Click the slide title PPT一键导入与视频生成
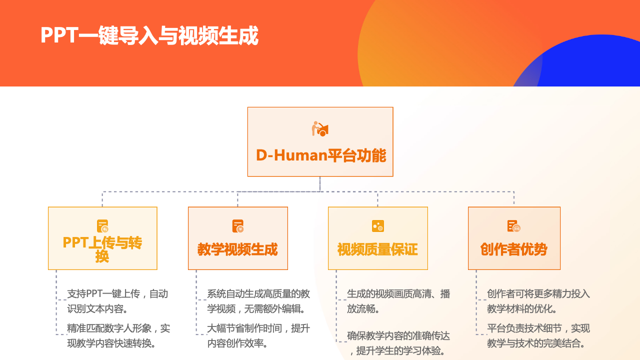point(149,35)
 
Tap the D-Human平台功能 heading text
point(321,155)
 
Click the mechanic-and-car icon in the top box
point(320,129)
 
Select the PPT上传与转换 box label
point(102,249)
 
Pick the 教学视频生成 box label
point(237,249)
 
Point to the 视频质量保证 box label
point(377,249)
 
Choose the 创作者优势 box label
point(513,249)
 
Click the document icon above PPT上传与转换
point(102,226)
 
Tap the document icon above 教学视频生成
point(237,226)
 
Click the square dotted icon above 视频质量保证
point(377,226)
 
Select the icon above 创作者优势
point(513,226)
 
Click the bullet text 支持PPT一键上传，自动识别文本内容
point(117,301)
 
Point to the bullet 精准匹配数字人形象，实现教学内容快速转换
point(118,335)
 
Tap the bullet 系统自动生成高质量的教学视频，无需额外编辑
point(258,301)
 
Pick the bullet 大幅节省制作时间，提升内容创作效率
point(258,335)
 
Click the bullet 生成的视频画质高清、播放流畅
point(398,301)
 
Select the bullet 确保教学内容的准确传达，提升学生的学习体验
point(398,343)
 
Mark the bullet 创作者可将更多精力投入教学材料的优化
point(538,301)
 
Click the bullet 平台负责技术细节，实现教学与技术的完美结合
point(538,335)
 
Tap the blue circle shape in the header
point(594,63)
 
